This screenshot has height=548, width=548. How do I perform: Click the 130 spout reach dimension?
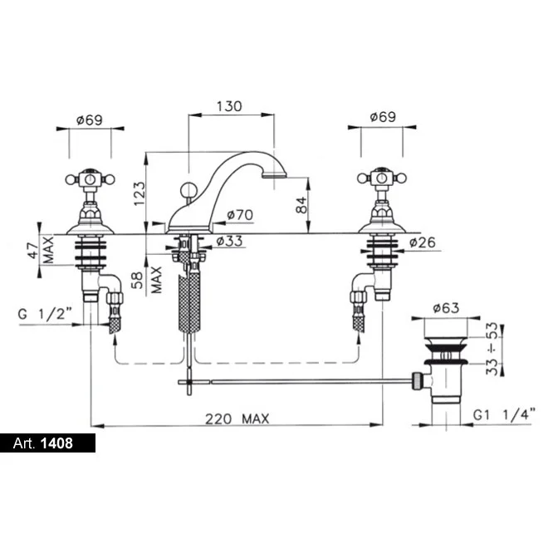(x=229, y=106)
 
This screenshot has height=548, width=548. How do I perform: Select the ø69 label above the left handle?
(x=90, y=120)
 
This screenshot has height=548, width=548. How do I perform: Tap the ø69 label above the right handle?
(x=383, y=117)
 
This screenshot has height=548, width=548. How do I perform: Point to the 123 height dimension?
(x=139, y=193)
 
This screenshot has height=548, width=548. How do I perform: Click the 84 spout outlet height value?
(x=301, y=205)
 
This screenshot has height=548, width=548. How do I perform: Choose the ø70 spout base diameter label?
(x=240, y=215)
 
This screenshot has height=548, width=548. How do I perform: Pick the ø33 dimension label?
(x=229, y=241)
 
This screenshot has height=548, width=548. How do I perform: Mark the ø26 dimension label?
(x=423, y=242)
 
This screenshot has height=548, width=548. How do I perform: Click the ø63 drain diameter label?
(x=446, y=308)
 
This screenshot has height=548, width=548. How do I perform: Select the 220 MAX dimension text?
(x=237, y=418)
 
